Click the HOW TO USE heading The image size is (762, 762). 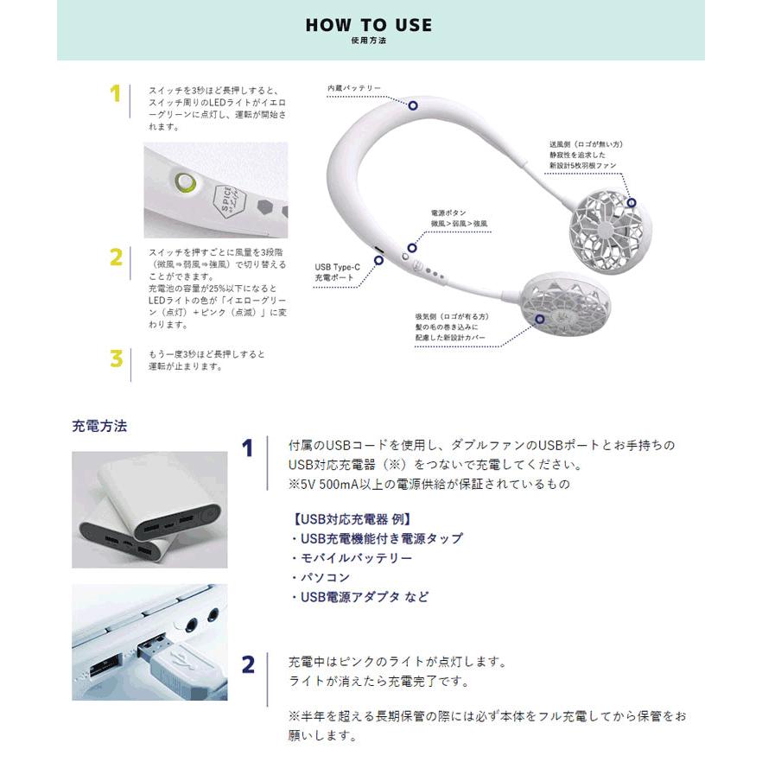[x=368, y=26]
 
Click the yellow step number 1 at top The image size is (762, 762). [x=115, y=94]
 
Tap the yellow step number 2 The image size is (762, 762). [x=115, y=257]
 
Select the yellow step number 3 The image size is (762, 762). [x=116, y=359]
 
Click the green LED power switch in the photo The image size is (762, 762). [x=184, y=182]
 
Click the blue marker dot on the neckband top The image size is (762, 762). [x=413, y=105]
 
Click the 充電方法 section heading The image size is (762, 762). [x=98, y=426]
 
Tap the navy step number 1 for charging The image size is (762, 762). [x=248, y=448]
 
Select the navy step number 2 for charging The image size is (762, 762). [x=248, y=664]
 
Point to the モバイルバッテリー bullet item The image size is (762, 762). [x=351, y=558]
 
